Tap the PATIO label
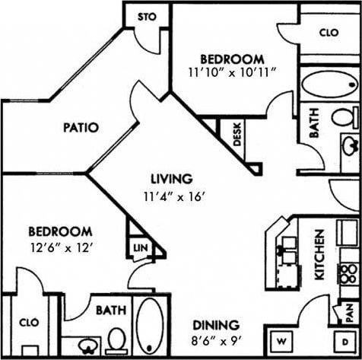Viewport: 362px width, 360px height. pyautogui.click(x=80, y=127)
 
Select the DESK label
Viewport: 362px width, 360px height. pyautogui.click(x=237, y=135)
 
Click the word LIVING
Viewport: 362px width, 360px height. pyautogui.click(x=170, y=180)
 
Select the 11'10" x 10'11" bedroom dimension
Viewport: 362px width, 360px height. pyautogui.click(x=232, y=73)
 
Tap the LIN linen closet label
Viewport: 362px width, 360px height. pyautogui.click(x=140, y=248)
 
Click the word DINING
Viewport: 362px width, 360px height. pyautogui.click(x=215, y=324)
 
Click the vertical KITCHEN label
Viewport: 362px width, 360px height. pyautogui.click(x=320, y=255)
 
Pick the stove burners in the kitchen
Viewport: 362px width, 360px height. pyautogui.click(x=348, y=275)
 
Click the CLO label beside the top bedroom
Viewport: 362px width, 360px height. pyautogui.click(x=328, y=33)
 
